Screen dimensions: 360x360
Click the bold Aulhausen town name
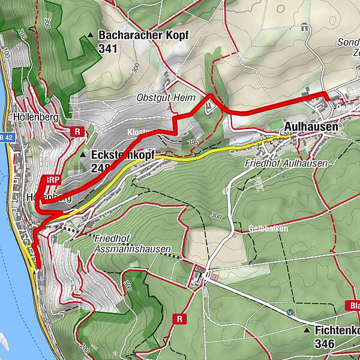click(x=311, y=127)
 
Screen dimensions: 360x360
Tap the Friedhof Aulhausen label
click(x=286, y=163)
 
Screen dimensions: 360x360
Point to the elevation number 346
click(x=325, y=344)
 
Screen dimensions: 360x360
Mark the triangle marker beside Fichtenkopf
click(x=307, y=331)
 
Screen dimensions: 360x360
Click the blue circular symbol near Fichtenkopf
click(x=290, y=312)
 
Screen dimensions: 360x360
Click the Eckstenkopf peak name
click(x=122, y=155)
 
